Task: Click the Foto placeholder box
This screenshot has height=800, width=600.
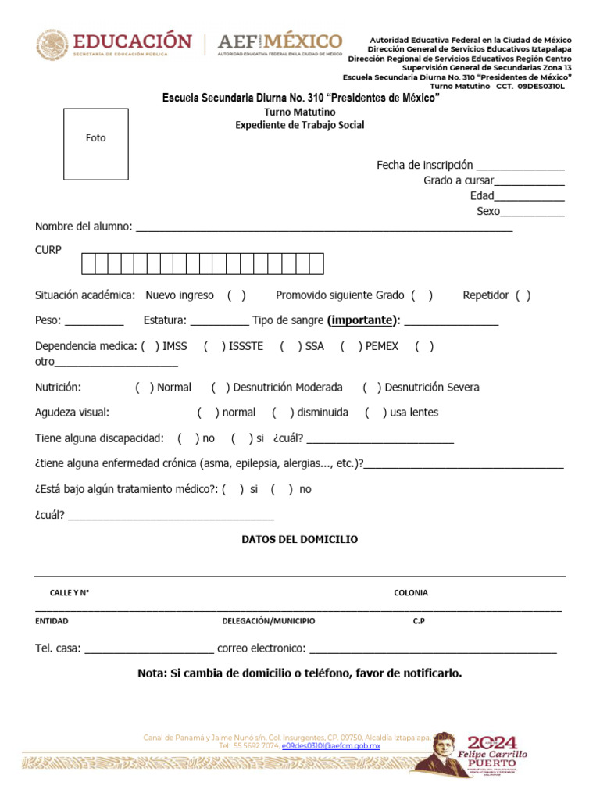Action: pos(95,145)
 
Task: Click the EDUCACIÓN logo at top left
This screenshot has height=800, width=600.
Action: pos(114,45)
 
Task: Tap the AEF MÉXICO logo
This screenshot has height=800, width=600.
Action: pos(280,44)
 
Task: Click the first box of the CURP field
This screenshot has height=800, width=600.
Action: pos(88,264)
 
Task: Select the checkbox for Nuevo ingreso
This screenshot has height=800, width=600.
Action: pos(237,295)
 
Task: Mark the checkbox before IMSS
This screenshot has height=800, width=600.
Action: pos(151,346)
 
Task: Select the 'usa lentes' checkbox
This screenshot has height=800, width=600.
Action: pos(375,412)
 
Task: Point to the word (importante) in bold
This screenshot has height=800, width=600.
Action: pos(362,320)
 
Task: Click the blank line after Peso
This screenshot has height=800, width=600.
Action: pos(93,322)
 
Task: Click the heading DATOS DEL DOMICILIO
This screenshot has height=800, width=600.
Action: pos(300,540)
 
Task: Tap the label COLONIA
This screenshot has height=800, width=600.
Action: pos(410,593)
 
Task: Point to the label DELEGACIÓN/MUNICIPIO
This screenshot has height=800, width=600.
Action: pos(268,621)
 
